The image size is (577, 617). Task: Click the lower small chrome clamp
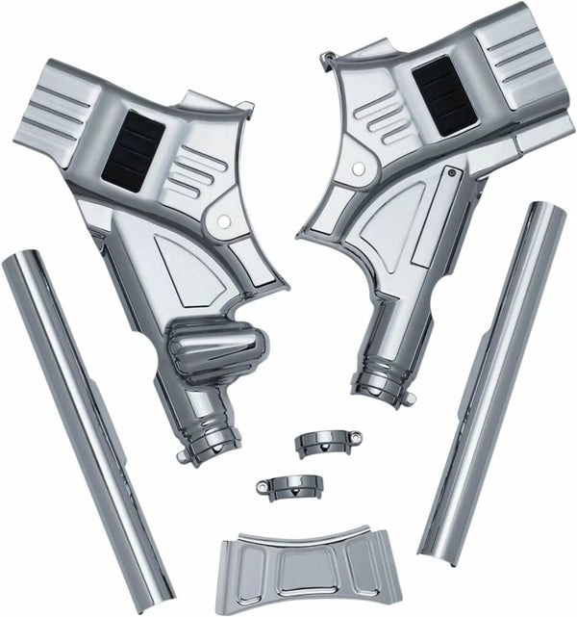288,484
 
